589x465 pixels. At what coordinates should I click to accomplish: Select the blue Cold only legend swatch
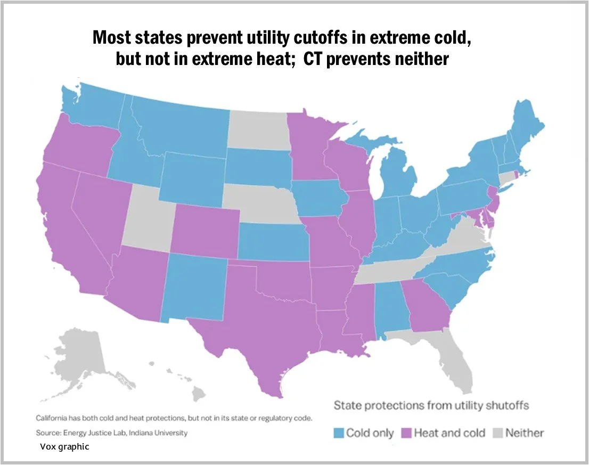pyautogui.click(x=339, y=433)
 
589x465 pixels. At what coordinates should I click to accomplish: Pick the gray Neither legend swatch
pyautogui.click(x=498, y=433)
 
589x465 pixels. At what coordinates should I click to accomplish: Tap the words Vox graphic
pyautogui.click(x=64, y=446)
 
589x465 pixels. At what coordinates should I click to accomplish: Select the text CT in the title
pyautogui.click(x=312, y=59)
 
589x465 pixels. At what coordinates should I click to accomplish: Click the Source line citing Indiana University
pyautogui.click(x=111, y=433)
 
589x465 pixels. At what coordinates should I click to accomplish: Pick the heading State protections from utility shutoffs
pyautogui.click(x=431, y=406)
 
